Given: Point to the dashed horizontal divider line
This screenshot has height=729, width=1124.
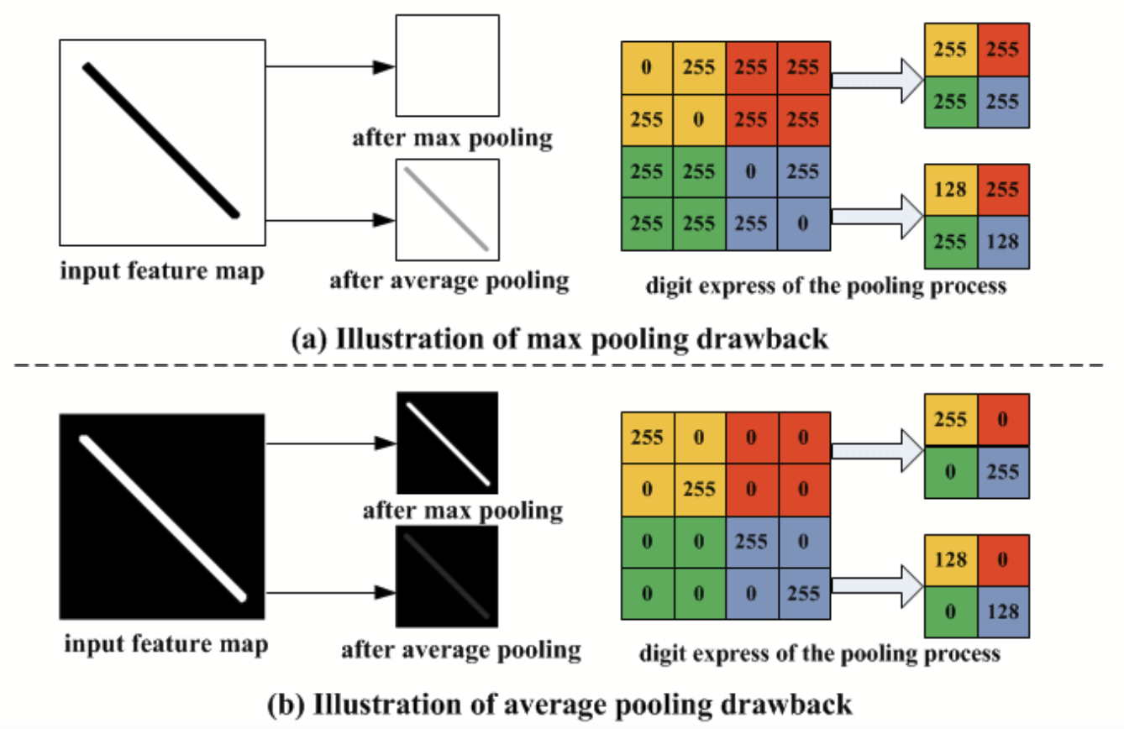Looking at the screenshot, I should (561, 367).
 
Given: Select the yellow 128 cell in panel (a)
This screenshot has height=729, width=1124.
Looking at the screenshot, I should (950, 191).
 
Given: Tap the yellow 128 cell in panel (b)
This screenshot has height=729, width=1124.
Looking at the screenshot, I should (950, 559).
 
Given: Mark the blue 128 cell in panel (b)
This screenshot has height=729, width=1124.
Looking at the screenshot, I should (1003, 611).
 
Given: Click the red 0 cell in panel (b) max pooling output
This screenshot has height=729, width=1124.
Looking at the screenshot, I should (1003, 419).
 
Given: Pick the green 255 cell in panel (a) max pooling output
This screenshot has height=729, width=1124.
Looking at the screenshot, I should (950, 102).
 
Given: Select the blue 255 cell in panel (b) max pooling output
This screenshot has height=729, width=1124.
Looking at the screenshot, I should (1003, 471).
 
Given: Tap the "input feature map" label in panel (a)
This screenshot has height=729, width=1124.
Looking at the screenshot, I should (161, 272).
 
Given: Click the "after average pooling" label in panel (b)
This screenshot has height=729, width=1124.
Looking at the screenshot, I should (460, 649).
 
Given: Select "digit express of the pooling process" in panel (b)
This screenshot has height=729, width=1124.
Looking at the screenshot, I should (819, 652).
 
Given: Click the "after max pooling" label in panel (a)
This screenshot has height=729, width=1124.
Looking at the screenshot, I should (453, 138).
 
